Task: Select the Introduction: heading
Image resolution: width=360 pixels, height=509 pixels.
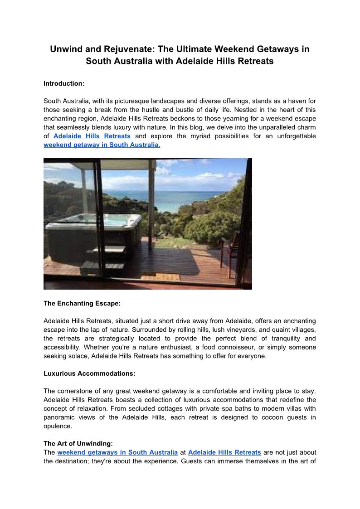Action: click(x=64, y=83)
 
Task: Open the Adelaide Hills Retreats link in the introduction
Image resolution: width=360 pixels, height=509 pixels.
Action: click(x=92, y=136)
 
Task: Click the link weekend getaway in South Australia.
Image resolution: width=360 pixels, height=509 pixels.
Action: click(x=102, y=145)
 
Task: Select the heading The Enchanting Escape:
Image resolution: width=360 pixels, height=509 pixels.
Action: click(x=82, y=303)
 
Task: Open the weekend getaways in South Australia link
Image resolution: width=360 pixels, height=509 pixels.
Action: click(x=117, y=452)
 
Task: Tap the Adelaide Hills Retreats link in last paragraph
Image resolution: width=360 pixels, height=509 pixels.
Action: click(x=224, y=452)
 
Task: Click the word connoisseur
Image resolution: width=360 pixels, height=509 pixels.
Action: click(x=236, y=347)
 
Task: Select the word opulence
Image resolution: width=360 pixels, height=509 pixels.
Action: click(x=58, y=426)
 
